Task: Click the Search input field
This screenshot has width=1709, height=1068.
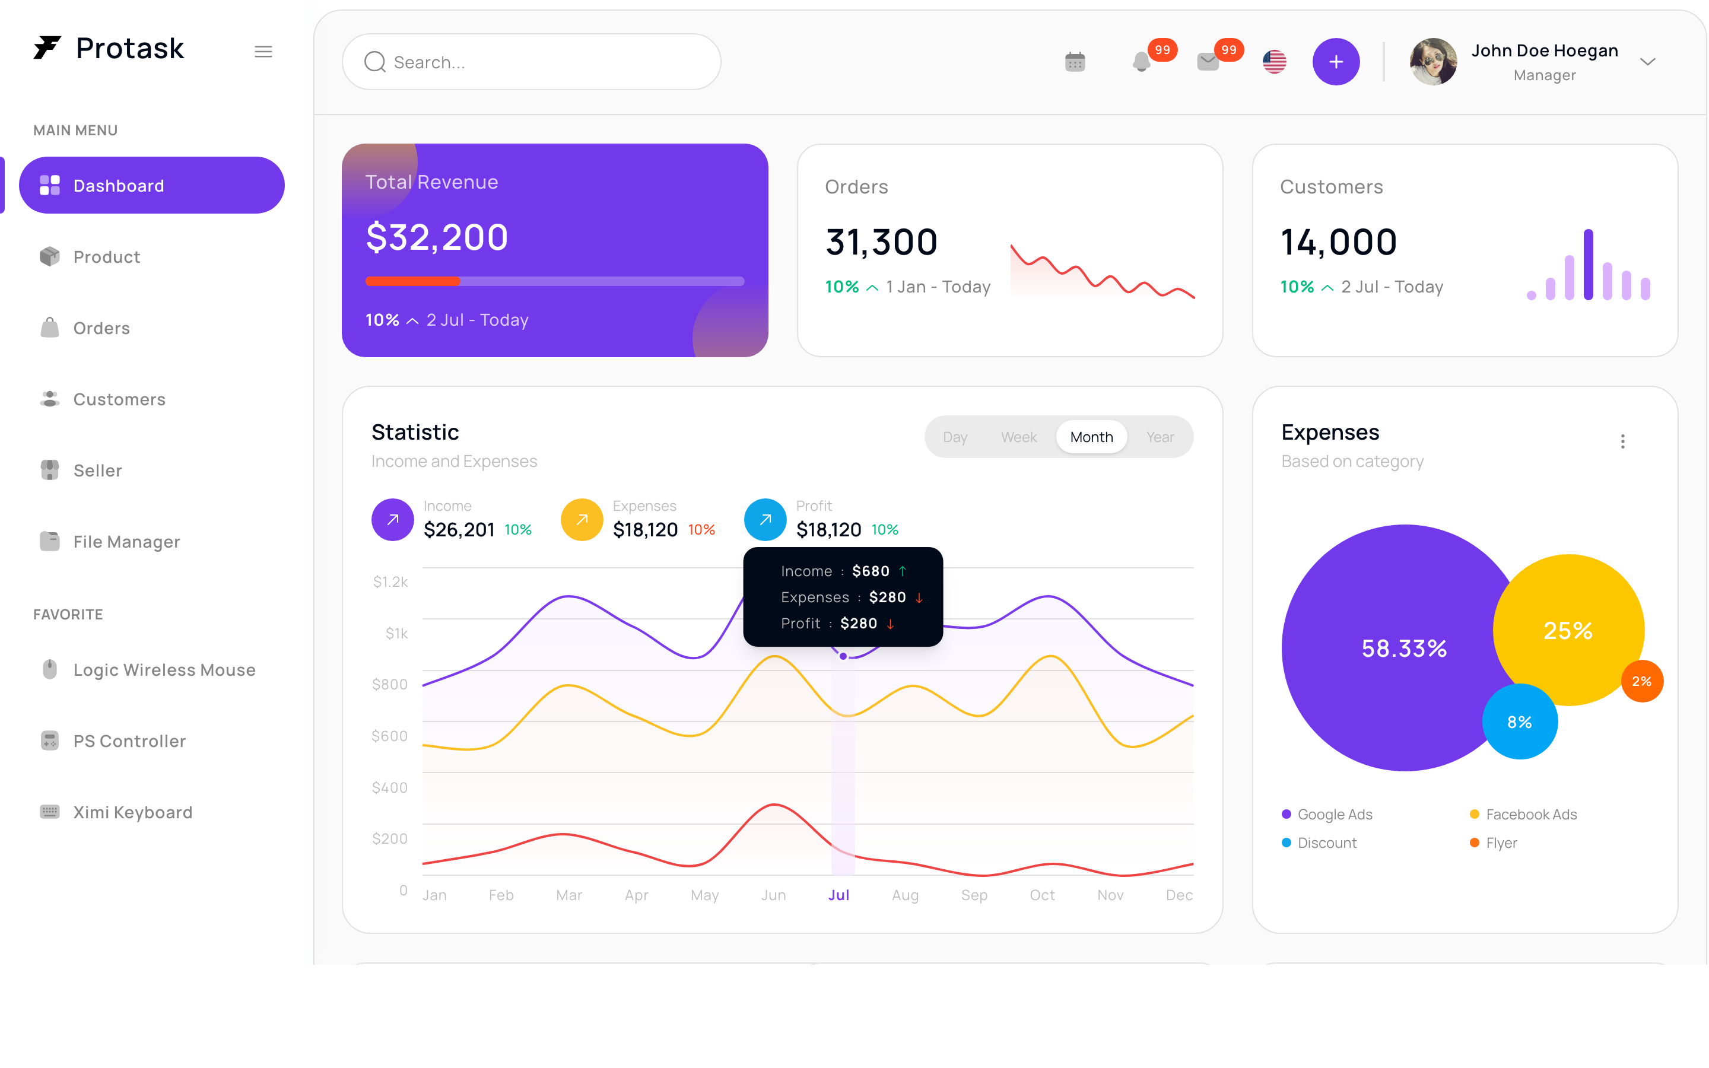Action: [531, 62]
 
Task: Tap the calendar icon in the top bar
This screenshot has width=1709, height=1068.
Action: [1075, 62]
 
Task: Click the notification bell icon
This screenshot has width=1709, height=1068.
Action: [1141, 62]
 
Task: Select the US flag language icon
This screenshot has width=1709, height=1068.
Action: [1275, 62]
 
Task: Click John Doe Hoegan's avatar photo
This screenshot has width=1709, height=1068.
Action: [1434, 62]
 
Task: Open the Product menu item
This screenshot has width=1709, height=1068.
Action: [107, 256]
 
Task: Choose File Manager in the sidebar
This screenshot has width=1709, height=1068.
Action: [126, 542]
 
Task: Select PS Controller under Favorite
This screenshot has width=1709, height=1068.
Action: [129, 741]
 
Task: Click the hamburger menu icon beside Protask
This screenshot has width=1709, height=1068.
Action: [263, 52]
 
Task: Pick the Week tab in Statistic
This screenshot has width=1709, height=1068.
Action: [1018, 437]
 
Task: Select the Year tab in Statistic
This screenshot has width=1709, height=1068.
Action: [1160, 437]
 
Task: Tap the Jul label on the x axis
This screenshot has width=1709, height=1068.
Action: [839, 895]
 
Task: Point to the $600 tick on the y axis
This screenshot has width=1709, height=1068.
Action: [390, 736]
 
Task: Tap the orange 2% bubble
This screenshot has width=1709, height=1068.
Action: [1643, 681]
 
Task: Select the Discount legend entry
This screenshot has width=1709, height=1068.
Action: [1319, 843]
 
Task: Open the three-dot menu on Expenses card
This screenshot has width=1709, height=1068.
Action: [1623, 441]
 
